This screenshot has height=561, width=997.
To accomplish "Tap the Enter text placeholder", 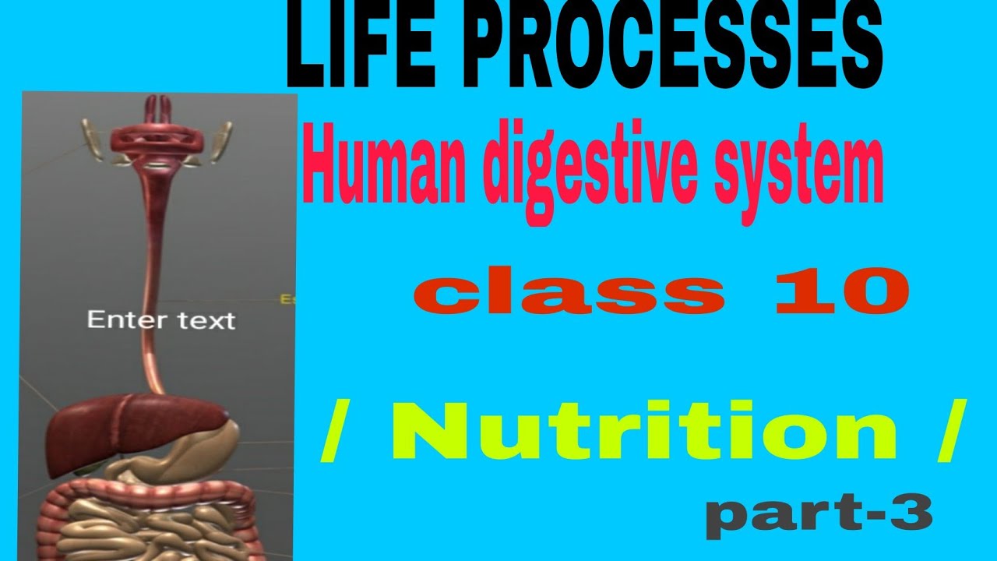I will pyautogui.click(x=160, y=319).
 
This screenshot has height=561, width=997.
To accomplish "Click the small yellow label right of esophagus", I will pyautogui.click(x=286, y=298).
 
